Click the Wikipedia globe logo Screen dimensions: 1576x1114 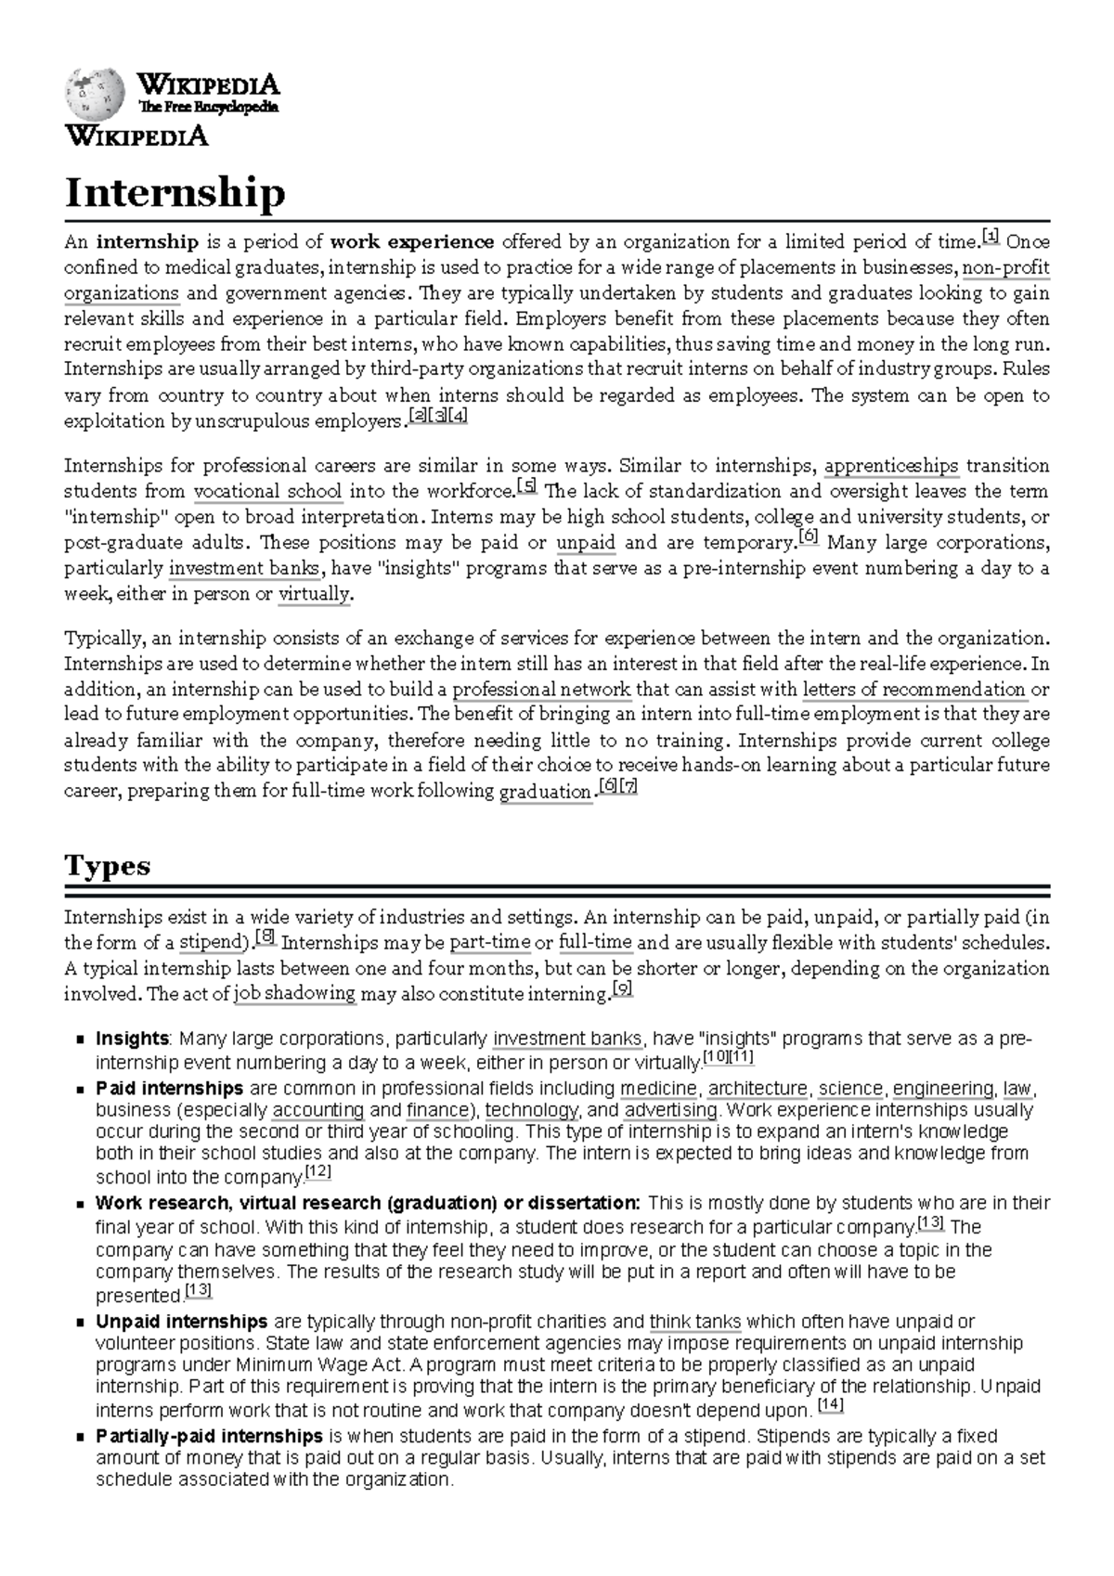tap(94, 95)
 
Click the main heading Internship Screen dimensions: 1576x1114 tap(175, 193)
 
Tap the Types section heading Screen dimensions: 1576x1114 tap(107, 866)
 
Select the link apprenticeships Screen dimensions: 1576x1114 tap(891, 466)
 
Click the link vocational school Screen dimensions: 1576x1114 tap(267, 492)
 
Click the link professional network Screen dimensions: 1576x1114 tap(541, 690)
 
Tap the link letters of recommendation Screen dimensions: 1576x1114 tap(913, 690)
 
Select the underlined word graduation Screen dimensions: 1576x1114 tap(545, 792)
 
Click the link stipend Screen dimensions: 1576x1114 tap(210, 943)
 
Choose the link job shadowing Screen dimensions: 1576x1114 tap(295, 994)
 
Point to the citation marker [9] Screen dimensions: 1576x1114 tap(623, 989)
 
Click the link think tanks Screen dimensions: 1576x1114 tap(695, 1322)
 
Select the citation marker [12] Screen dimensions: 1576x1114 tap(317, 1173)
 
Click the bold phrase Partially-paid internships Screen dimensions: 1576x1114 tap(209, 1437)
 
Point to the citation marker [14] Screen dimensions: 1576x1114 tap(830, 1406)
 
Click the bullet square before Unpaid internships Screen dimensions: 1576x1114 tap(81, 1323)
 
